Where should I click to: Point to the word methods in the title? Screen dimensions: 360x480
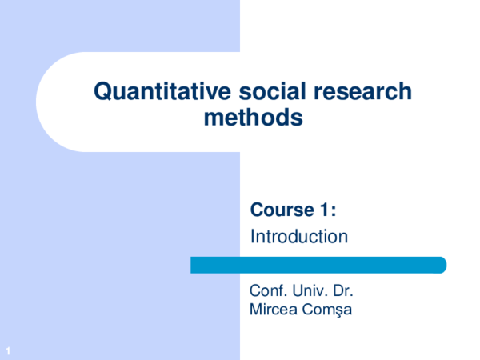[x=254, y=118]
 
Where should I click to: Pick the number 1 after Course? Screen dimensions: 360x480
[x=322, y=210]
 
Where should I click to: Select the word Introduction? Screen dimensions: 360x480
[x=298, y=237]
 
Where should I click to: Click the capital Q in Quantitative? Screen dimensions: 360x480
[x=102, y=92]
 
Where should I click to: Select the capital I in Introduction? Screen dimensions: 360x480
[x=253, y=237]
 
